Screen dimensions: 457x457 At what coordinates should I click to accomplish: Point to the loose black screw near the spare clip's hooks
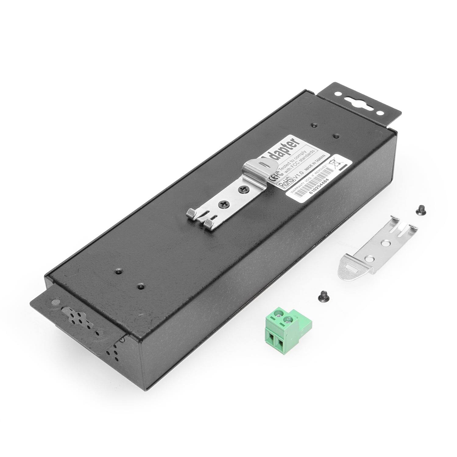tap(420, 211)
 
